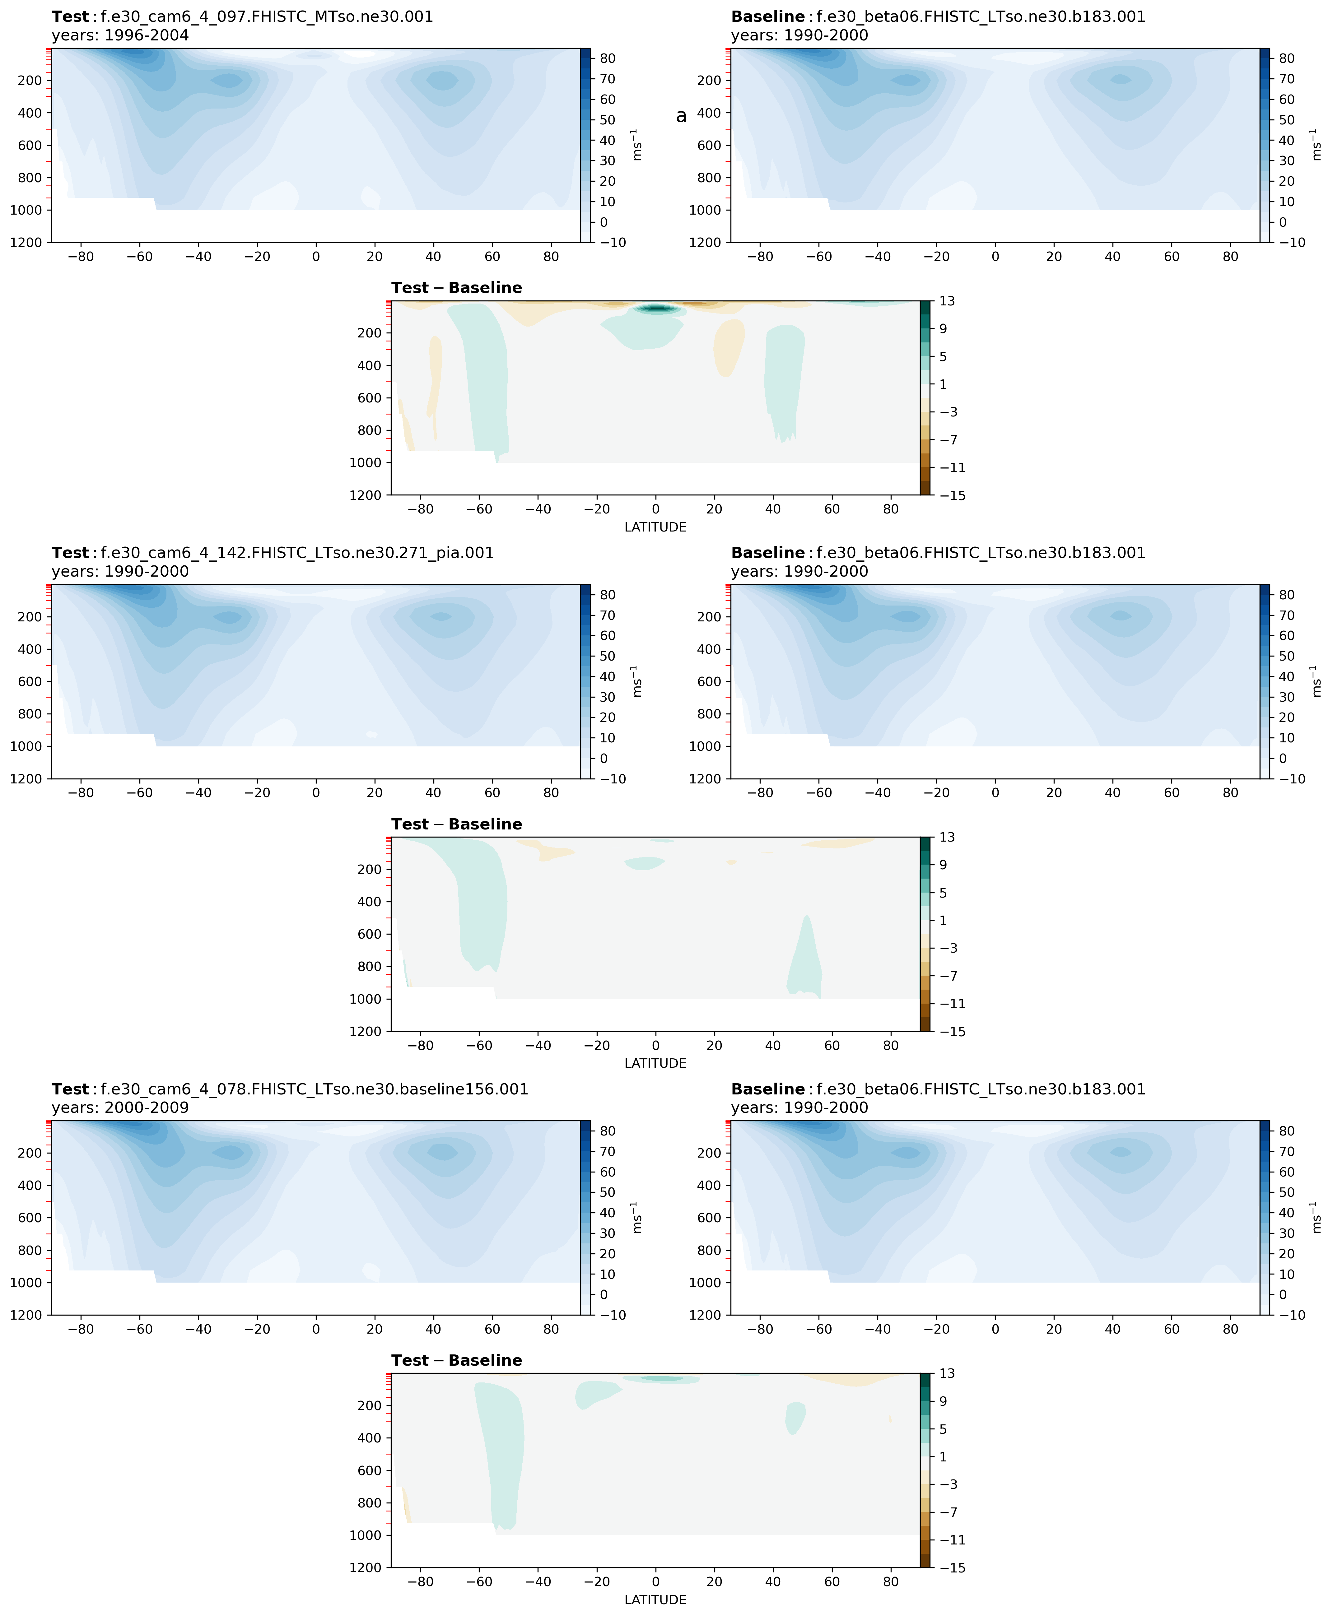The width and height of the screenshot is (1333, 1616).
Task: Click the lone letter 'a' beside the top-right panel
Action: pyautogui.click(x=681, y=116)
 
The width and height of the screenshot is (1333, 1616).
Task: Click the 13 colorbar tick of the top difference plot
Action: pyautogui.click(x=947, y=301)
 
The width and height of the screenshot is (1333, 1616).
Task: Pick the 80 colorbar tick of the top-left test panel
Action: pyautogui.click(x=607, y=58)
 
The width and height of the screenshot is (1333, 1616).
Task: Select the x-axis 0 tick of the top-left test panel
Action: pyautogui.click(x=315, y=256)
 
